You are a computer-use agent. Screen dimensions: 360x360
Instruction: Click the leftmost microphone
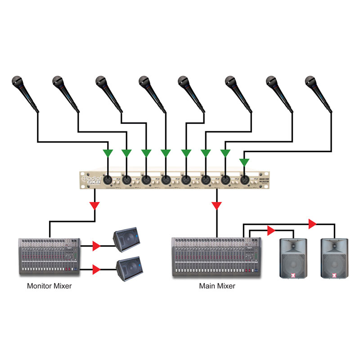pyautogui.click(x=25, y=92)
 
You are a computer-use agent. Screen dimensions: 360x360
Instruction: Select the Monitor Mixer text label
pyautogui.click(x=49, y=285)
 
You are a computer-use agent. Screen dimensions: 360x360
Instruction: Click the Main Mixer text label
pyautogui.click(x=217, y=285)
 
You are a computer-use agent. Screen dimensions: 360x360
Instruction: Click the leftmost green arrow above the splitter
pyautogui.click(x=107, y=153)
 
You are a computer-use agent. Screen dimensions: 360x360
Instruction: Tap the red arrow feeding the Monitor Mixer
pyautogui.click(x=94, y=206)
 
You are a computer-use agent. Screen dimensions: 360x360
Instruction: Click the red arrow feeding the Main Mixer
pyautogui.click(x=217, y=206)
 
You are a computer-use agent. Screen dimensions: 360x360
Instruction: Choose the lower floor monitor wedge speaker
pyautogui.click(x=128, y=269)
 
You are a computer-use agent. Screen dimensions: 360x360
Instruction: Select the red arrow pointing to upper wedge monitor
pyautogui.click(x=96, y=246)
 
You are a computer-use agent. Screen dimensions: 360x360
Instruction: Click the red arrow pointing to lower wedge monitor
pyautogui.click(x=96, y=270)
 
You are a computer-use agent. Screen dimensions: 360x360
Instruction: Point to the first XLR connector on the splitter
pyautogui.click(x=108, y=180)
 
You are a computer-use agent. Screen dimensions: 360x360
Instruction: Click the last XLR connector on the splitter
pyautogui.click(x=244, y=180)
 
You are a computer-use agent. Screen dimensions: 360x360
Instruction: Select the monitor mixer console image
pyautogui.click(x=49, y=257)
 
